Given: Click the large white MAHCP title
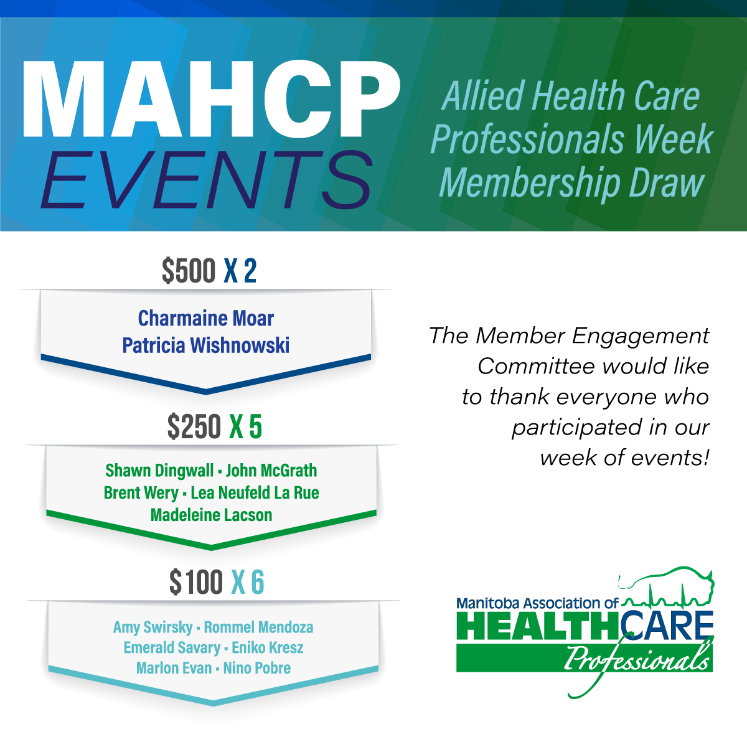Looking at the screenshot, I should pyautogui.click(x=210, y=100).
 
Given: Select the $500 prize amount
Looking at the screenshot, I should pyautogui.click(x=189, y=271).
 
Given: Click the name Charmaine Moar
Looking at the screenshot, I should pyautogui.click(x=206, y=319).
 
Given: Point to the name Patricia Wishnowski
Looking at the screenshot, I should pyautogui.click(x=206, y=345).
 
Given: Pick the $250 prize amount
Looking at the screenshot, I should pyautogui.click(x=194, y=427).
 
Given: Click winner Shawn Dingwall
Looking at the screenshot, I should pyautogui.click(x=159, y=471).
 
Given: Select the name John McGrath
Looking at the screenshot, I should pyautogui.click(x=271, y=471).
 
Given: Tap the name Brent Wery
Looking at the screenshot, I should pyautogui.click(x=141, y=493).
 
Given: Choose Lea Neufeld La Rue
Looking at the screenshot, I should pyautogui.click(x=255, y=493).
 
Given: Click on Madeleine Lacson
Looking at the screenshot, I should pyautogui.click(x=212, y=515).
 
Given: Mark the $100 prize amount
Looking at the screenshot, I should pyautogui.click(x=196, y=583).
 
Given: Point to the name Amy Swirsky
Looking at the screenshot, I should pyautogui.click(x=153, y=627).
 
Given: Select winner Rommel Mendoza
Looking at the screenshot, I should pyautogui.click(x=258, y=627).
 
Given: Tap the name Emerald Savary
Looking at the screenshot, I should pyautogui.click(x=172, y=648).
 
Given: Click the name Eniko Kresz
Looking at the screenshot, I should pyautogui.click(x=268, y=648).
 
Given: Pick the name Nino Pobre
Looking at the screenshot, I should pyautogui.click(x=257, y=669).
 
